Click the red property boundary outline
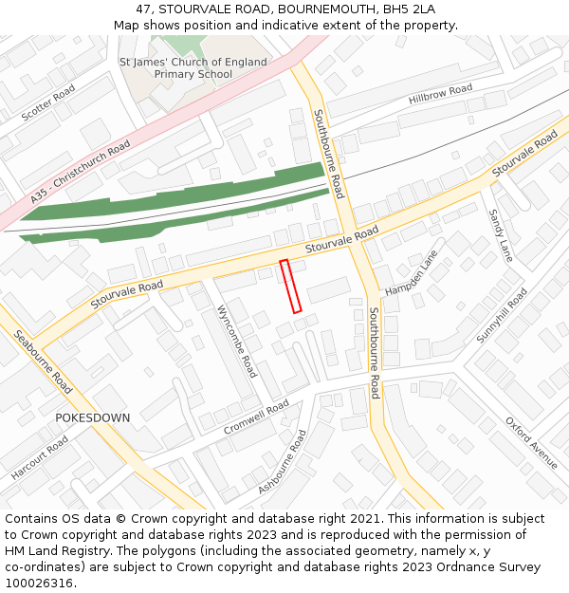coord(291,286)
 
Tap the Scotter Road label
coord(48,102)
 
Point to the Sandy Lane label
coord(500,235)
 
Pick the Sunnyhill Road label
coord(500,317)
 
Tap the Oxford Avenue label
coord(531,442)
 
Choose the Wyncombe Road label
coord(237,341)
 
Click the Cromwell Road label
coord(256,417)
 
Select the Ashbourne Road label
coord(283,462)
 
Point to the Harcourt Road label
coord(40,457)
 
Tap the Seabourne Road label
coord(43,361)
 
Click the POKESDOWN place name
coord(93,417)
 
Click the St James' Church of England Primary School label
coord(193,68)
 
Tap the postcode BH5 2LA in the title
coord(407,9)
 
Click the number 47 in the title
coord(144,9)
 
